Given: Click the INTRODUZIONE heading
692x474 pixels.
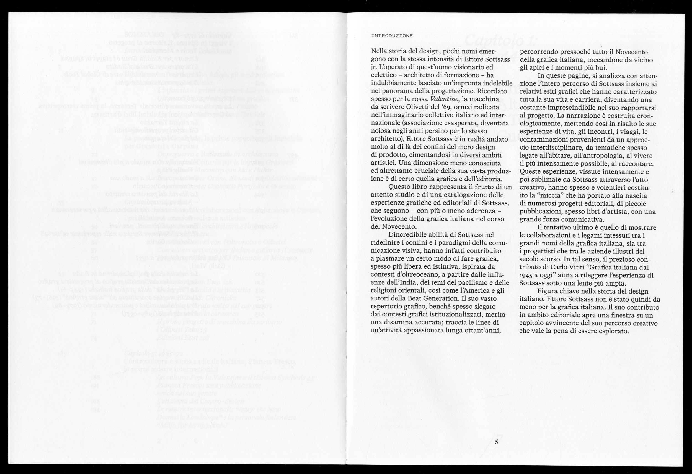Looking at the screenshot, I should pyautogui.click(x=392, y=36).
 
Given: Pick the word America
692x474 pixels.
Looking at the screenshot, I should pyautogui.click(x=471, y=290).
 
